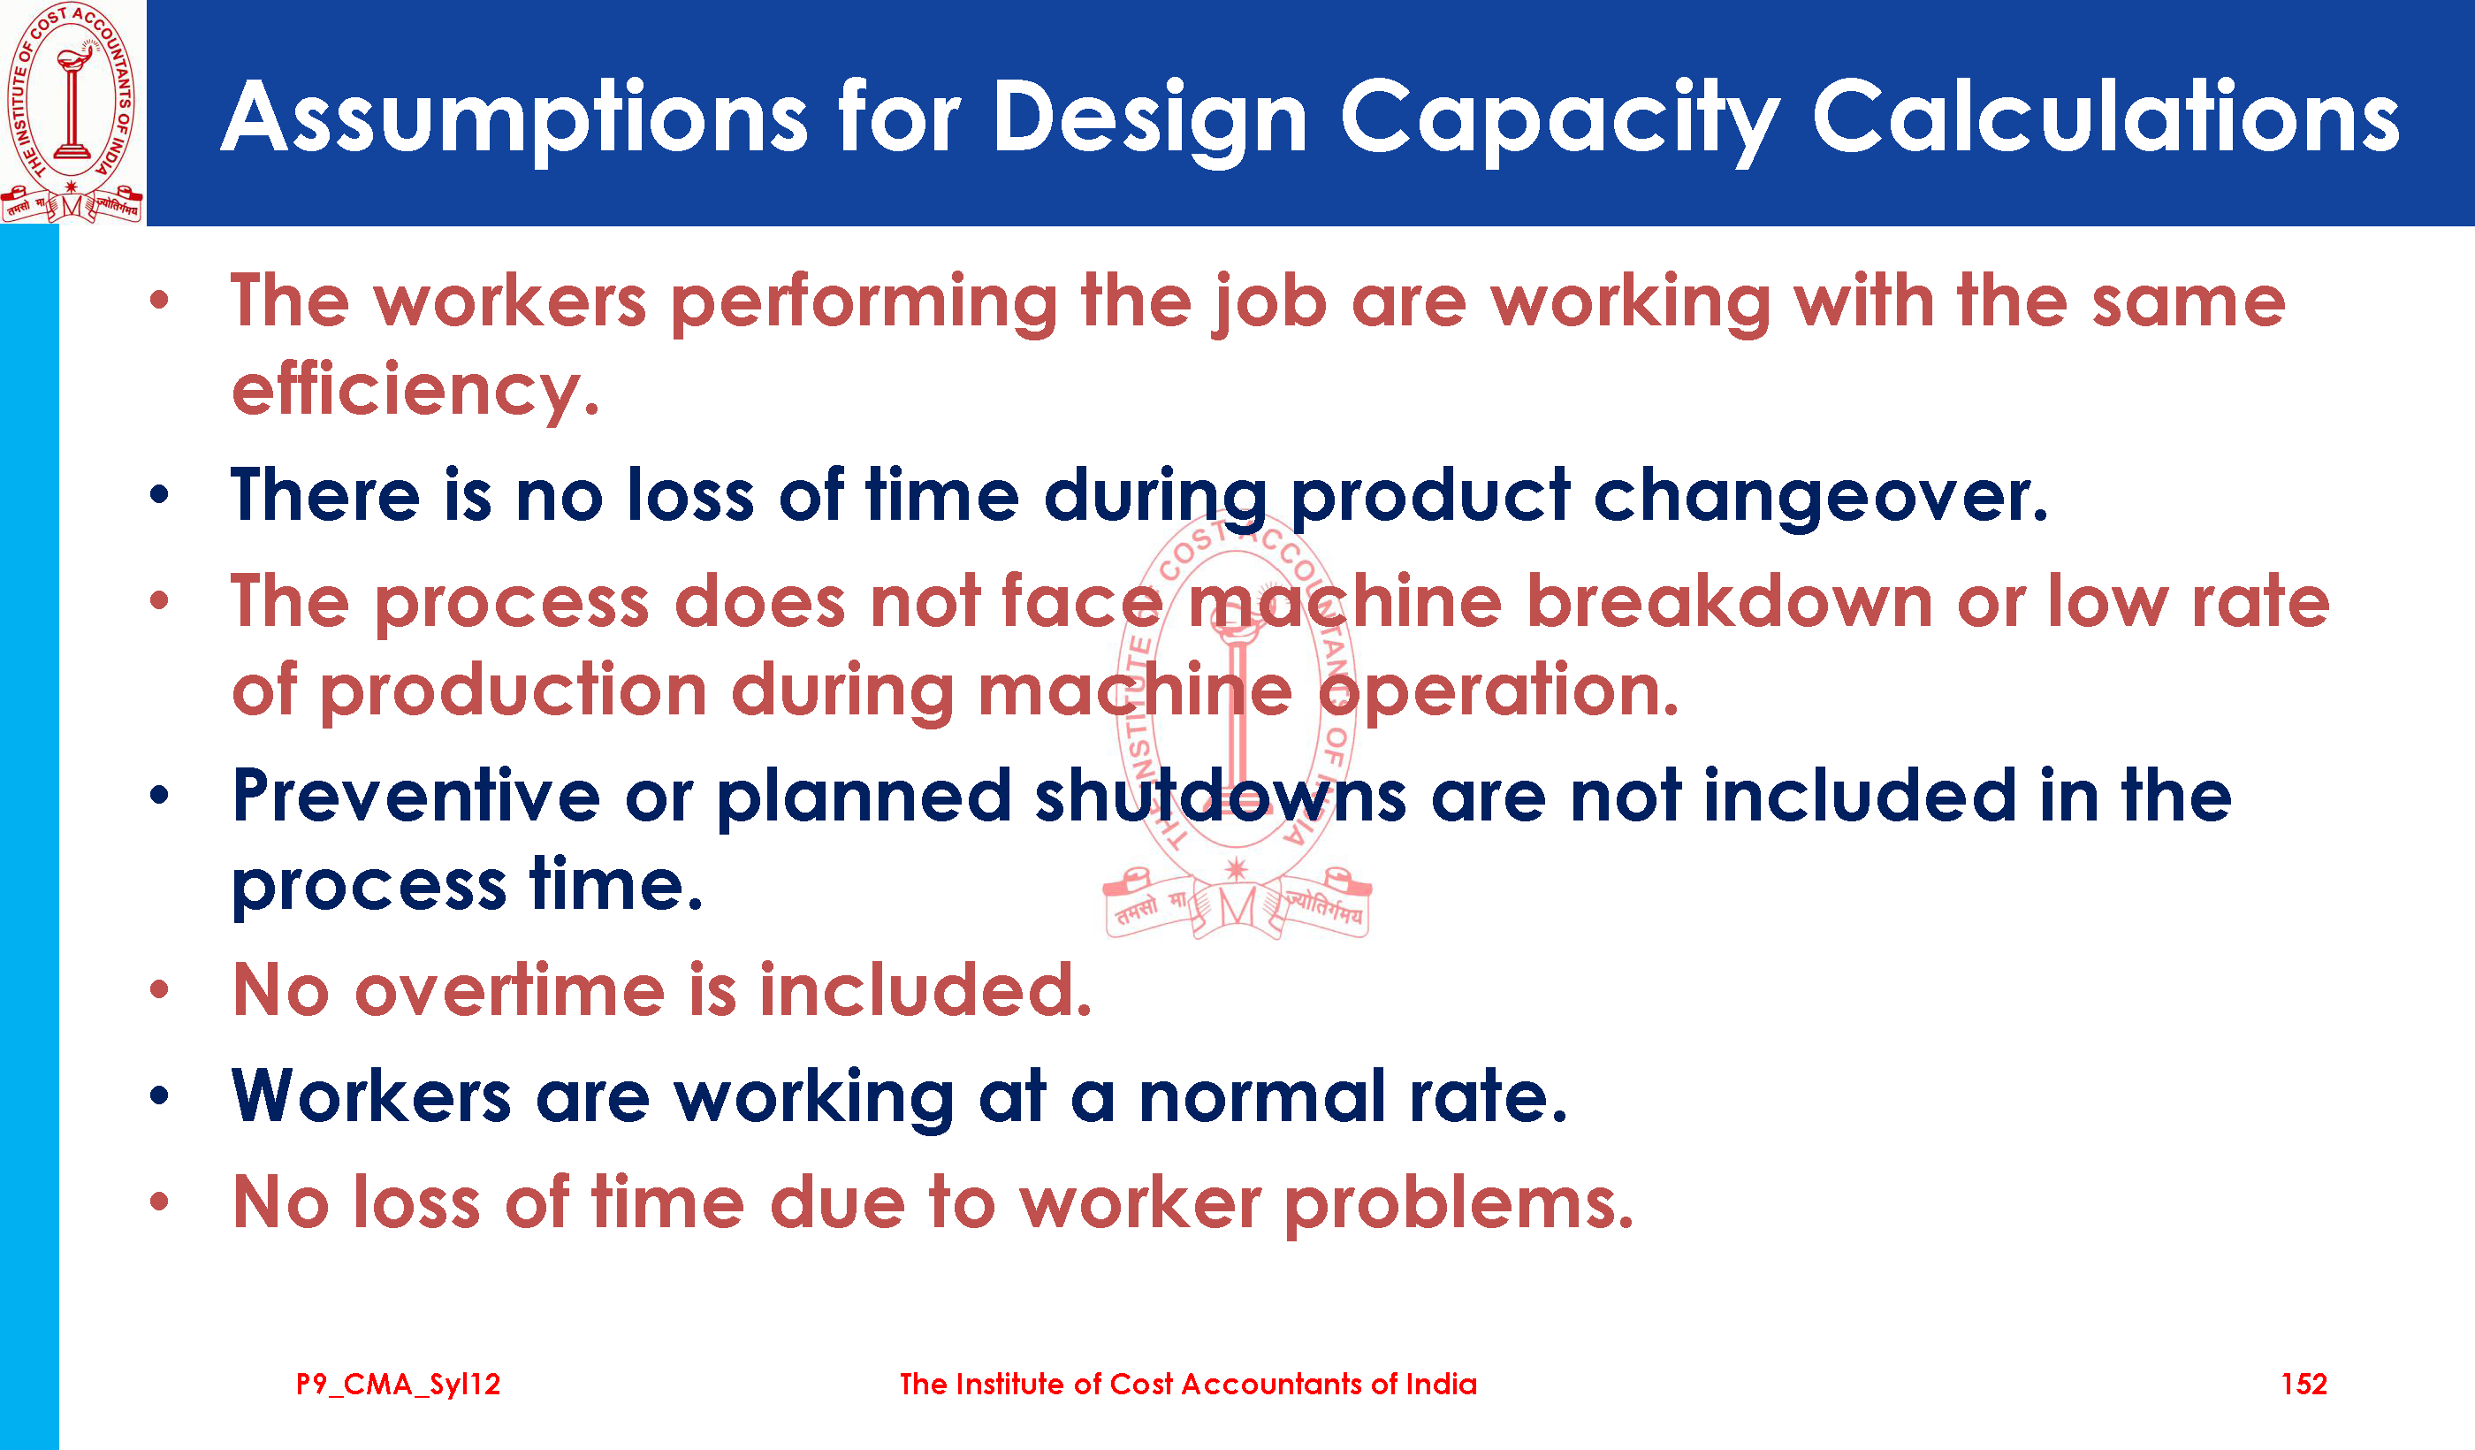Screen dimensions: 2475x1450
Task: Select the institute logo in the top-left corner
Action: click(x=72, y=112)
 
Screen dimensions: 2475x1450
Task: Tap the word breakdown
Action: click(x=1730, y=600)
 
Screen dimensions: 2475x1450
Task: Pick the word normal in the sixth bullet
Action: click(x=1262, y=1095)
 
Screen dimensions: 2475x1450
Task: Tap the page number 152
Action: click(x=2304, y=1385)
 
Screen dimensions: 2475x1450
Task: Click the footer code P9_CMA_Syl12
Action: click(x=398, y=1385)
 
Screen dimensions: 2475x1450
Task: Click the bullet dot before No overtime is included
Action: click(x=159, y=989)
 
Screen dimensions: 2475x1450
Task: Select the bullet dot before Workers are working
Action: click(x=159, y=1095)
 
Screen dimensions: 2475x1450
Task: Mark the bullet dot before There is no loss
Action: click(x=159, y=495)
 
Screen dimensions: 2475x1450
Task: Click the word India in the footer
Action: click(x=1441, y=1385)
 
